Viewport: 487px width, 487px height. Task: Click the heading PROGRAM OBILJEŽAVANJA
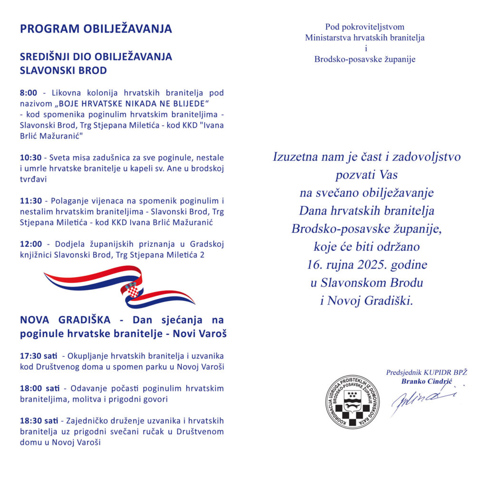(96, 29)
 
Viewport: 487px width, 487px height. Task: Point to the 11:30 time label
(31, 200)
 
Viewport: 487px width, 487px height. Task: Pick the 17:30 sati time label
(39, 356)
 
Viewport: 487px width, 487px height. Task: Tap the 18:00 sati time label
(39, 389)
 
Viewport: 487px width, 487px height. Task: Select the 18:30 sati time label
(39, 421)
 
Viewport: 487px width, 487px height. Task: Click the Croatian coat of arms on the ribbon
(133, 289)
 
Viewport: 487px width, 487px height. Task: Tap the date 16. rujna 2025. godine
(367, 264)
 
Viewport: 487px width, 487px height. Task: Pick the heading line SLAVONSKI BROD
(63, 70)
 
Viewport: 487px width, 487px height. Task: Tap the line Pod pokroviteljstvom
(365, 27)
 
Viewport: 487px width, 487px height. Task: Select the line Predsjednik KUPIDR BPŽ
(426, 372)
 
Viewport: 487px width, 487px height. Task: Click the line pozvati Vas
(367, 175)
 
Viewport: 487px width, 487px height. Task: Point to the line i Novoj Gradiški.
(367, 301)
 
